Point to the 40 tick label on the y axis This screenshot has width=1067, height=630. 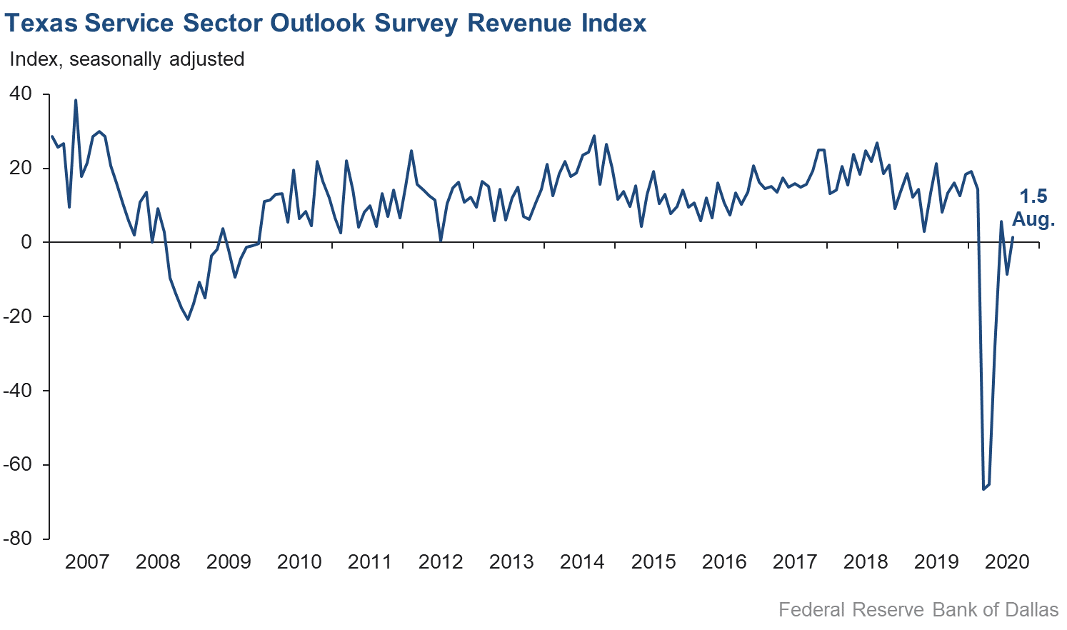pyautogui.click(x=21, y=94)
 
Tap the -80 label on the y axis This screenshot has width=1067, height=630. pyautogui.click(x=17, y=539)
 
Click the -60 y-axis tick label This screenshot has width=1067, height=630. pyautogui.click(x=17, y=464)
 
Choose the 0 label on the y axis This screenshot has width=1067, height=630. pyautogui.click(x=26, y=242)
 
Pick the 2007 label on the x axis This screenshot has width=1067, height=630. pyautogui.click(x=87, y=561)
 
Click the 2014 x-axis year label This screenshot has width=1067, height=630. pyautogui.click(x=582, y=561)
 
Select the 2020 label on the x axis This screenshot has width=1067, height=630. pyautogui.click(x=1007, y=561)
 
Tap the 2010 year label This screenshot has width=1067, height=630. pyautogui.click(x=299, y=561)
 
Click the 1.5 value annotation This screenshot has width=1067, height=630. pyautogui.click(x=1033, y=197)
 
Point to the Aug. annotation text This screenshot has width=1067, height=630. pyautogui.click(x=1033, y=219)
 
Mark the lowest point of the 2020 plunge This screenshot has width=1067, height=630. pyautogui.click(x=983, y=489)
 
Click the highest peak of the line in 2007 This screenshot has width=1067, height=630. pyautogui.click(x=76, y=100)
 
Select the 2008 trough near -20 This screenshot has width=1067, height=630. pyautogui.click(x=188, y=319)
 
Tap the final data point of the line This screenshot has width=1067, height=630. pyautogui.click(x=1013, y=237)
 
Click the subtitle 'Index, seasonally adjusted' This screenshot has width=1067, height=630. pyautogui.click(x=127, y=59)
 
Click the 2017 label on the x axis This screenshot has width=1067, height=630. pyautogui.click(x=795, y=561)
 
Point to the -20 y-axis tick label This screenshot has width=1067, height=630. pyautogui.click(x=17, y=316)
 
